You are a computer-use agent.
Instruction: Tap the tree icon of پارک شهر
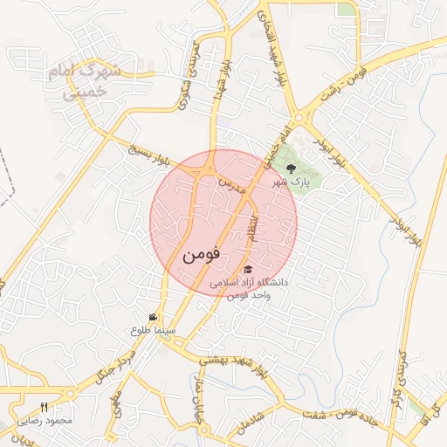[x=291, y=168]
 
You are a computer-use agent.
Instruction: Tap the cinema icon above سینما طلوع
[x=153, y=317]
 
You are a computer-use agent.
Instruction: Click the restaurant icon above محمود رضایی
[x=45, y=408]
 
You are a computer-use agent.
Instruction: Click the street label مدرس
[x=228, y=185]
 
